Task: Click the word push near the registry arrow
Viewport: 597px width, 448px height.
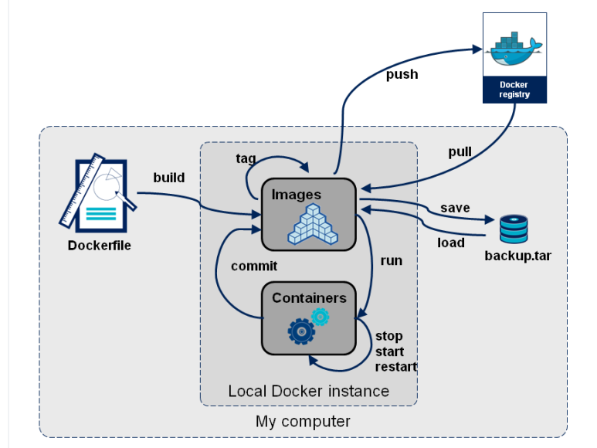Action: click(402, 74)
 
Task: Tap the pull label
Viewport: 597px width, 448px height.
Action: click(460, 151)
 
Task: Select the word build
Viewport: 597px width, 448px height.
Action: click(168, 177)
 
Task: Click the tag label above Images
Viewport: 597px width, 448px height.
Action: click(246, 158)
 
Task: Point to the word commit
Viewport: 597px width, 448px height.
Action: click(254, 266)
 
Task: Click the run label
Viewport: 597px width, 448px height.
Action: click(392, 260)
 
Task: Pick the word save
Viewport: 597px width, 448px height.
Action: click(456, 208)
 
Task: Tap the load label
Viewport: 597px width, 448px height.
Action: click(451, 243)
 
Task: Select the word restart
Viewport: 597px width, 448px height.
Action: click(396, 367)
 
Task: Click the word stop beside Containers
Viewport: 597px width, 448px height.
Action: click(389, 336)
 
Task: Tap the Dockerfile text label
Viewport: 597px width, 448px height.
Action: click(100, 246)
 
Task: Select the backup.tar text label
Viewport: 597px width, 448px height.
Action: click(517, 256)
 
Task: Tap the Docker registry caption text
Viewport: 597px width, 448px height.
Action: click(514, 89)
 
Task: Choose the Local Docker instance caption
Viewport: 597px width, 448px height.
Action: click(308, 391)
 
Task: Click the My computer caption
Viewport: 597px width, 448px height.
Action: click(303, 422)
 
